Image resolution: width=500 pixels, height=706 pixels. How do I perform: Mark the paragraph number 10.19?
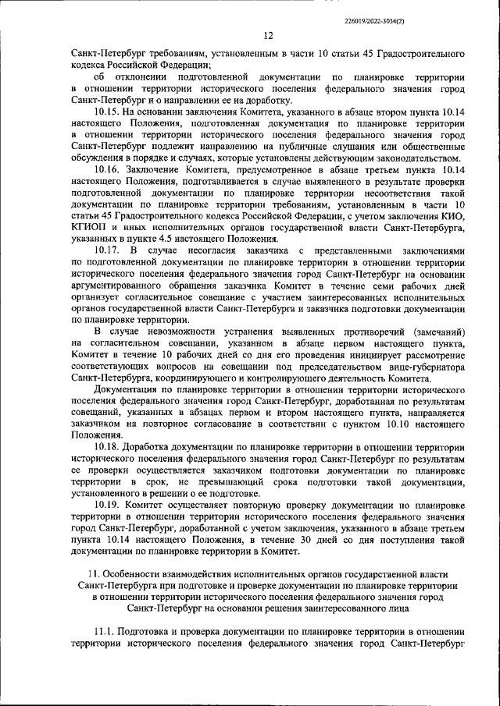pos(106,505)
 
